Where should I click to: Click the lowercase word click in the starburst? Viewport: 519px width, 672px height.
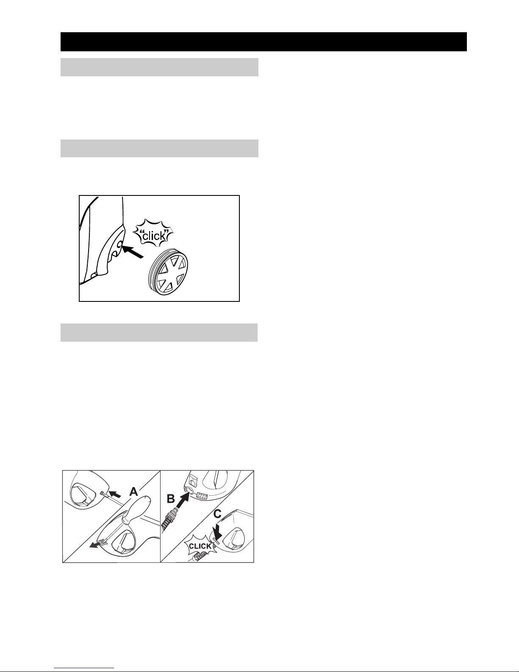pyautogui.click(x=153, y=236)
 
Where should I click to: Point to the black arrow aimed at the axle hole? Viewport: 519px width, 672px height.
pyautogui.click(x=132, y=251)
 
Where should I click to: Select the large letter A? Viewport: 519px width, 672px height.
pyautogui.click(x=133, y=491)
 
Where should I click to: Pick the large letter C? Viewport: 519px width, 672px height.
pyautogui.click(x=217, y=514)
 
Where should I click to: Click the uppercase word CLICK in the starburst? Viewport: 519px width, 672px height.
pyautogui.click(x=200, y=546)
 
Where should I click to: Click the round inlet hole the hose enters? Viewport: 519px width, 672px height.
pyautogui.click(x=189, y=490)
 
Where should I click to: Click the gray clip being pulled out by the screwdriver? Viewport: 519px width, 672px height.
pyautogui.click(x=104, y=541)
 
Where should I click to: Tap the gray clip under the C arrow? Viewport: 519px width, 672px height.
pyautogui.click(x=216, y=540)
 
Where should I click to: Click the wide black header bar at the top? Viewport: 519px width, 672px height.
pyautogui.click(x=264, y=42)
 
